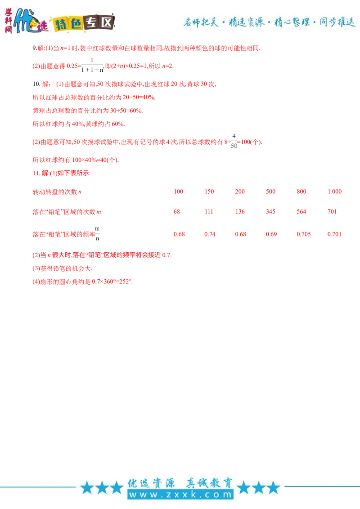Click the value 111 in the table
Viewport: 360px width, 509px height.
coord(209,212)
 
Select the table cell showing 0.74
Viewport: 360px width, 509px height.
coord(210,234)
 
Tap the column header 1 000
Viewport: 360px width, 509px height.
coord(335,192)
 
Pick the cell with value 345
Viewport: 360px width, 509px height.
coord(270,212)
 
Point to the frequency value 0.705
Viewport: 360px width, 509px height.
coord(303,234)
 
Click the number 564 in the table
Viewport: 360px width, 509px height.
coord(301,212)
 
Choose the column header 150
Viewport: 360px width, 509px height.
coord(209,192)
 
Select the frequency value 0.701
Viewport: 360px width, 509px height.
coord(334,234)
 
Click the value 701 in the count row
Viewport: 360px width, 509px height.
coord(332,212)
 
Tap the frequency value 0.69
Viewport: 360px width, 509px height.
coord(271,234)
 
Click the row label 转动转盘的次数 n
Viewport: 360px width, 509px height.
coord(57,192)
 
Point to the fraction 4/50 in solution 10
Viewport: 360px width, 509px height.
coord(234,141)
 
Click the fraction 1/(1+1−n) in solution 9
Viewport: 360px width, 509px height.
coord(92,65)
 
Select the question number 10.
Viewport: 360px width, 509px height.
coord(36,84)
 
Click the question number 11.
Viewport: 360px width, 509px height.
coord(36,173)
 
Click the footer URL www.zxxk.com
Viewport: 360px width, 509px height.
coord(180,495)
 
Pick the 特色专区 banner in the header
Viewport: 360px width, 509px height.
coord(84,23)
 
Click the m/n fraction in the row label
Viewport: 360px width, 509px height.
coord(98,234)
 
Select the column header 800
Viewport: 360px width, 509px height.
coord(301,192)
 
